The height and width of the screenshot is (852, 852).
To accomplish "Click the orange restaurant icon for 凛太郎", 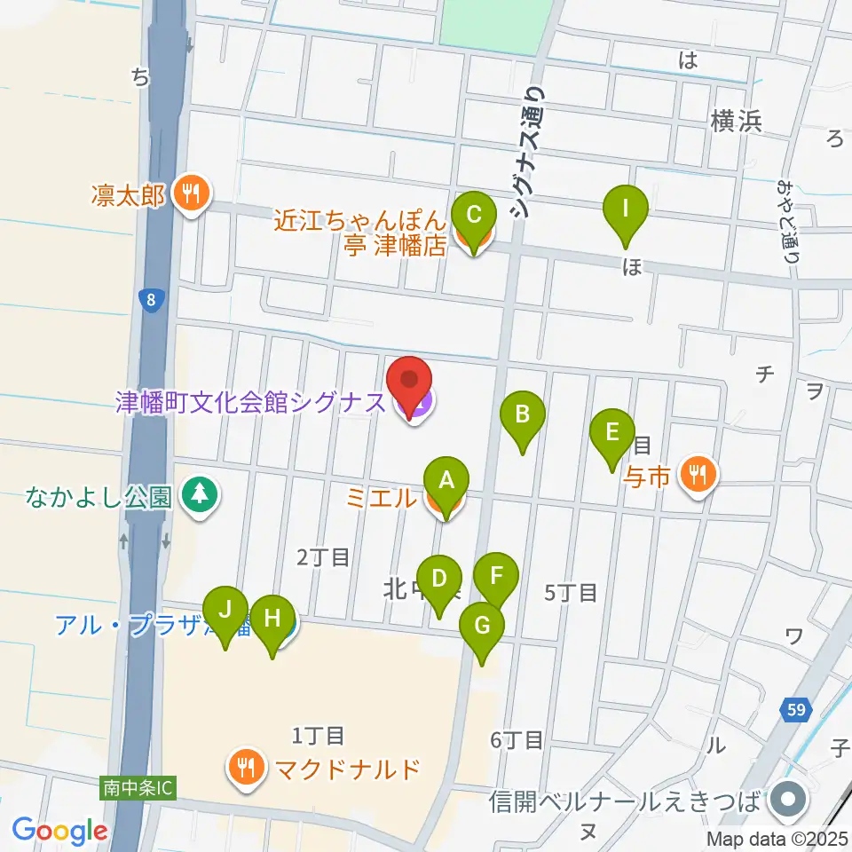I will coord(191,195).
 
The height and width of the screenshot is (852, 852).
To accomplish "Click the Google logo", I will coord(59,831).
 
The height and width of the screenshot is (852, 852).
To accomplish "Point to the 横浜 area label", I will coord(736,122).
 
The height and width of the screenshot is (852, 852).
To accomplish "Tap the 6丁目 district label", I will coord(517,738).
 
